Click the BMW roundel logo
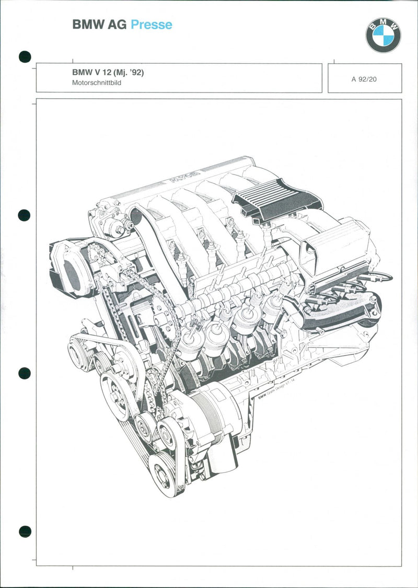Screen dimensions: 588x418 coord(383,35)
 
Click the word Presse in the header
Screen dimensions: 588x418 coord(151,24)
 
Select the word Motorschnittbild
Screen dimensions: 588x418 coord(97,83)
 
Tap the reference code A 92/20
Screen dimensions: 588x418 coord(364,79)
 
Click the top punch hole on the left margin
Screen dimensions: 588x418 coord(25,56)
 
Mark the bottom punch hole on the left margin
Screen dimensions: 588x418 coord(25,532)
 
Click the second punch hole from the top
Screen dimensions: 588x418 coord(25,215)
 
